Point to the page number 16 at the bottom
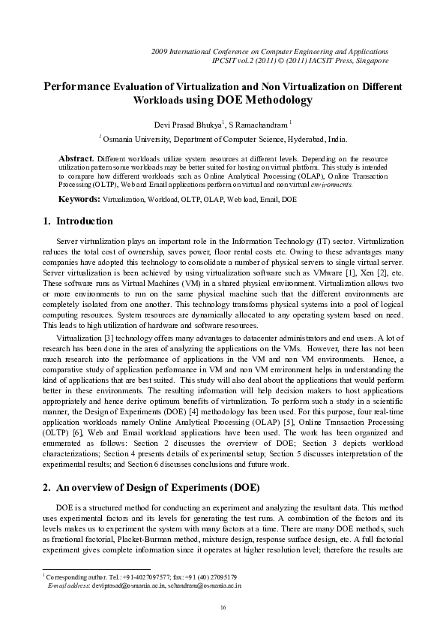pos(223,606)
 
